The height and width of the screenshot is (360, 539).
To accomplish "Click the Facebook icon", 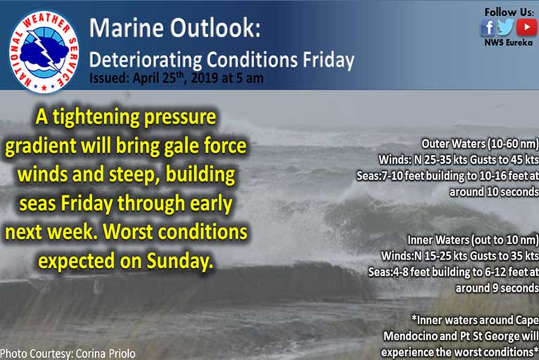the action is click(488, 27).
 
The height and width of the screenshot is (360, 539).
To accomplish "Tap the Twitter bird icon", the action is click(505, 27).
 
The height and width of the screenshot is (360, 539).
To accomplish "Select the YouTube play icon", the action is click(526, 27).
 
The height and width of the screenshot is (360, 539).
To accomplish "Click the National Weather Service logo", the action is click(44, 51).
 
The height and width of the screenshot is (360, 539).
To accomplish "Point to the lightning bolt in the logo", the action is click(44, 50).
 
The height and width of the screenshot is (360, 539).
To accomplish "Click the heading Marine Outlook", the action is click(175, 28).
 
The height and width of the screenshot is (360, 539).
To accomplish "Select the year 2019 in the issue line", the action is click(205, 78).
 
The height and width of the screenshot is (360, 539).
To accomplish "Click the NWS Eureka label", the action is click(509, 43).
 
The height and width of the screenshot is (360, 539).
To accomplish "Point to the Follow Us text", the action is click(509, 13).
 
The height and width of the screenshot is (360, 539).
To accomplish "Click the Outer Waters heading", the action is click(480, 143).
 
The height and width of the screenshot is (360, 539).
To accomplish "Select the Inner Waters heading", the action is click(473, 240).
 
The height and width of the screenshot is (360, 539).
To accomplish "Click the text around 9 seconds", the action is click(497, 288).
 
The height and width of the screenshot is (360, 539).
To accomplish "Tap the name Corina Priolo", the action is click(106, 354).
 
